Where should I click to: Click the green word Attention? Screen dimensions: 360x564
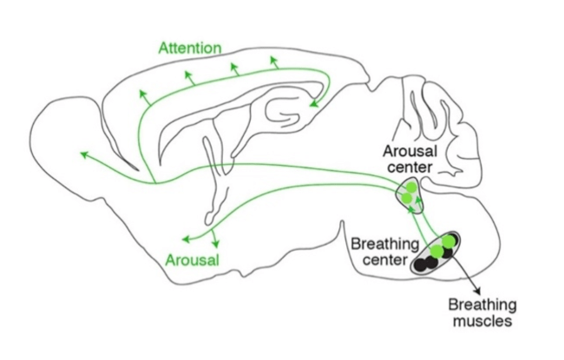190,47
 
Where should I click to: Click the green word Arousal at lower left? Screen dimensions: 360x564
192,259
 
